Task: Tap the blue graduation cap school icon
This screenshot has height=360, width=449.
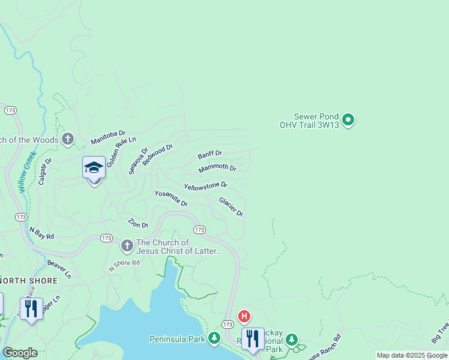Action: point(94,168)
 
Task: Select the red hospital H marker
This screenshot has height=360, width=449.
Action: point(244,316)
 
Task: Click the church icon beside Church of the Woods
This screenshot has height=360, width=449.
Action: point(68,140)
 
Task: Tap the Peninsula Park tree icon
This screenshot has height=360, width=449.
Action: point(215,339)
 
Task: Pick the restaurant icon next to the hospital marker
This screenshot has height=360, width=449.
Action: point(253,339)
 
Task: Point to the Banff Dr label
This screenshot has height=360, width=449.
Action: point(210,154)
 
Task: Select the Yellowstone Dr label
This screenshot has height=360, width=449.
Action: point(205,186)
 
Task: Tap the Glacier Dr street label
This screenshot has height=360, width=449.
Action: point(231,207)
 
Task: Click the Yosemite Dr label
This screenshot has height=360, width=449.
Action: point(171,199)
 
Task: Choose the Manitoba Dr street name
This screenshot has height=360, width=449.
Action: point(108,137)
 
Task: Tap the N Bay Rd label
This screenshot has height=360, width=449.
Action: point(42,232)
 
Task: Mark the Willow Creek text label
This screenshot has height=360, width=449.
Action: point(28,172)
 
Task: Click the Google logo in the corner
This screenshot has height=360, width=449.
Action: point(20,353)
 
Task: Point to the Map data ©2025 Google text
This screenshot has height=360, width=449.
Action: point(412,355)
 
